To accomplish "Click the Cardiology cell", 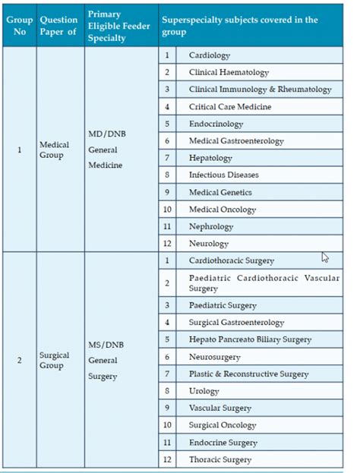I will click(x=210, y=55).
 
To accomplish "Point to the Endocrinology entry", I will click(x=216, y=124).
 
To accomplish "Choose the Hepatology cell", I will click(x=210, y=158).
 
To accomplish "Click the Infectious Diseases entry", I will click(x=223, y=175).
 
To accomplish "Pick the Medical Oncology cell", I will click(x=222, y=210).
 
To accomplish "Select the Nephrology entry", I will click(x=213, y=227).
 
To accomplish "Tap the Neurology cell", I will click(x=209, y=244).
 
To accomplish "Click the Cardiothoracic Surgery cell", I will click(x=232, y=261).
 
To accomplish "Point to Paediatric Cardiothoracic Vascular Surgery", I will click(x=263, y=282).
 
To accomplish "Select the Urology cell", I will click(x=204, y=391).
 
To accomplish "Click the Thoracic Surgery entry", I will click(x=220, y=459).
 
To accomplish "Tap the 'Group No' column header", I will click(x=19, y=26).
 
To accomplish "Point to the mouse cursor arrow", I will click(x=325, y=257).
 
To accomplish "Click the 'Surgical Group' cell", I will click(x=55, y=360).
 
